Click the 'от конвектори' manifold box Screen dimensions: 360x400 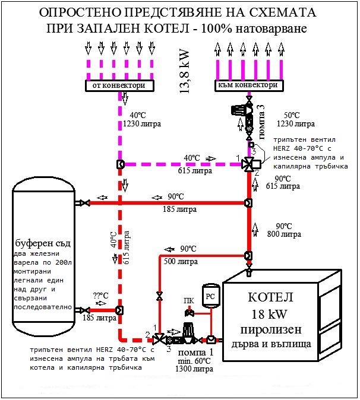coord(119,85)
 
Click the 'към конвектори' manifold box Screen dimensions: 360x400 coord(249,85)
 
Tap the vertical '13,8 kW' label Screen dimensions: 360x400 coord(185,71)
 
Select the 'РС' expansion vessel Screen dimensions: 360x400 coord(210,296)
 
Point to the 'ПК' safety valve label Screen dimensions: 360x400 coord(189,301)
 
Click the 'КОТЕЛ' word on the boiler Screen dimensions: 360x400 coord(270,297)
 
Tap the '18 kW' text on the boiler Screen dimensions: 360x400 coord(269,314)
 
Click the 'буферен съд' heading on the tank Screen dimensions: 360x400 coord(43,243)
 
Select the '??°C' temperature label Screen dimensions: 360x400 coord(101,296)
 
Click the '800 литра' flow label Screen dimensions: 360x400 coord(284,234)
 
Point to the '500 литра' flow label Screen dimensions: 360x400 coord(181,262)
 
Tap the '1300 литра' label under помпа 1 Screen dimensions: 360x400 coord(194,369)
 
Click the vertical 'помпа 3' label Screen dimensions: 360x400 coord(262,122)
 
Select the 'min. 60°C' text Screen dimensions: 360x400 coord(194,361)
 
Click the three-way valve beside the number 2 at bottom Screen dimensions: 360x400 coord(159,339)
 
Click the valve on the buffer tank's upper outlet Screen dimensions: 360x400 coord(85,203)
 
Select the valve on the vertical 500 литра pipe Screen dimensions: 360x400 coord(160,296)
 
